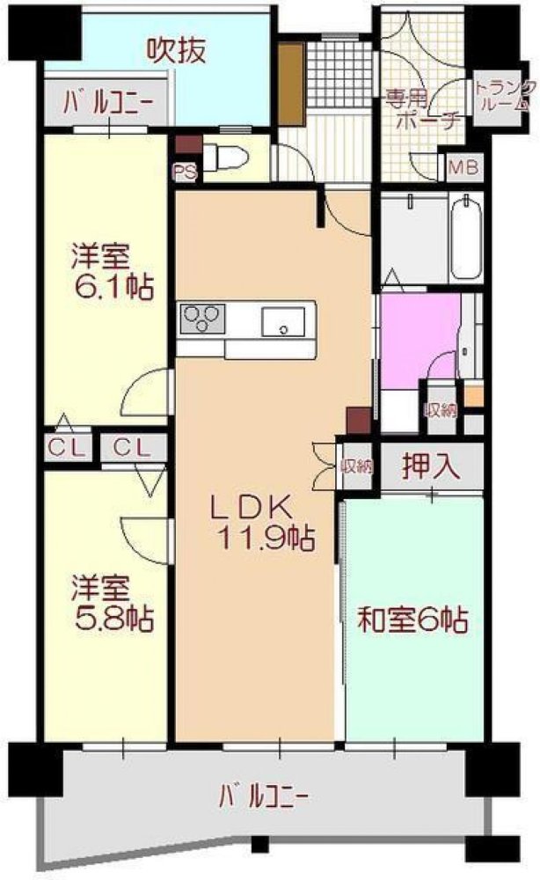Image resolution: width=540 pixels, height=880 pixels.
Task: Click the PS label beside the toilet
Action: pos(185,172)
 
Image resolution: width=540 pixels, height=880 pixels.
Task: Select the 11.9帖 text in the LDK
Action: pos(262,537)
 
